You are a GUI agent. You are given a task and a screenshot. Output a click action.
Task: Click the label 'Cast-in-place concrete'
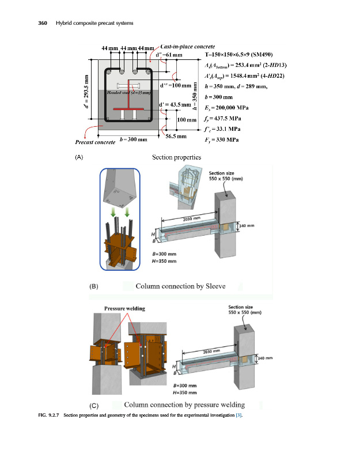pyautogui.click(x=188, y=46)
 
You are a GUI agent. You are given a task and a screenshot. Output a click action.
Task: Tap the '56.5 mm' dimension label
pyautogui.click(x=176, y=137)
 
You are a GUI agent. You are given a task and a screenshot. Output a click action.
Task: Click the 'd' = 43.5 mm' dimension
pyautogui.click(x=173, y=104)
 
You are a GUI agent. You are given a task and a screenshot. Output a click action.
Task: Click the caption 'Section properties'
pyautogui.click(x=176, y=157)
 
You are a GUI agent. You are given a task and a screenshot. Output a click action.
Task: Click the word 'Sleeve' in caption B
pyautogui.click(x=214, y=286)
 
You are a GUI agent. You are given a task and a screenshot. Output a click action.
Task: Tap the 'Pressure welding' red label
pyautogui.click(x=124, y=308)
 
